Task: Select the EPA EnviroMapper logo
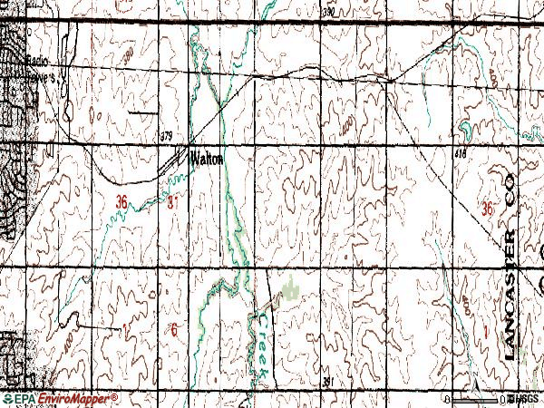click(x=60, y=399)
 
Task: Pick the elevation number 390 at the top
click(x=328, y=13)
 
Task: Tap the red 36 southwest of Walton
click(x=122, y=203)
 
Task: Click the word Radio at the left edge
click(x=37, y=61)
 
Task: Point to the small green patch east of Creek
click(x=290, y=290)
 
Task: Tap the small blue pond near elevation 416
click(x=464, y=126)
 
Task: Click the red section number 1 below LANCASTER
click(x=486, y=335)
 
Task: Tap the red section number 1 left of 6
click(x=123, y=328)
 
